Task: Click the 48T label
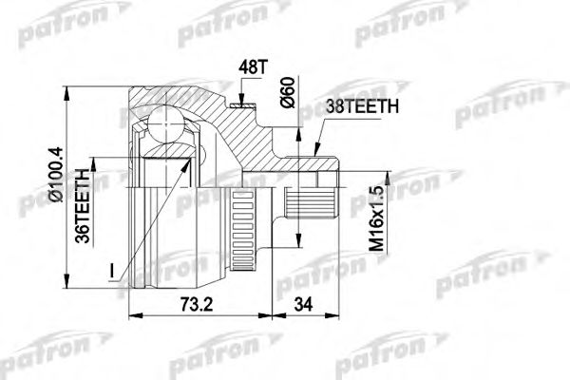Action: pos(248,69)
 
